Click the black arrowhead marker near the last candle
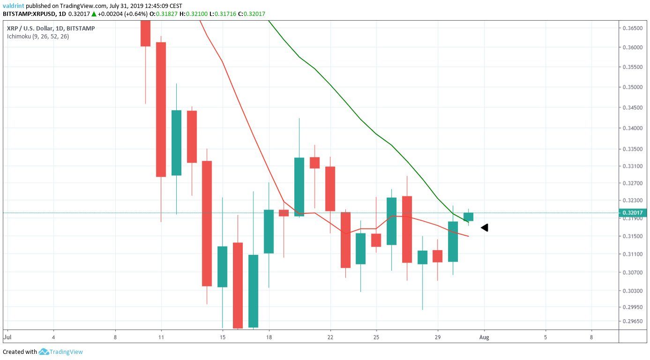point(485,227)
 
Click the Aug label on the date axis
point(484,337)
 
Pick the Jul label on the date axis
point(7,337)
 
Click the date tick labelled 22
point(330,337)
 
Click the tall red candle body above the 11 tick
point(161,109)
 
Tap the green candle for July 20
point(299,187)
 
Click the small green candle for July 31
point(468,217)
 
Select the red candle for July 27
point(407,229)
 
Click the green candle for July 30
point(453,241)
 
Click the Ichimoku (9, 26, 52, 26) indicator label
point(38,36)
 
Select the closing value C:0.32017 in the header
point(251,14)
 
